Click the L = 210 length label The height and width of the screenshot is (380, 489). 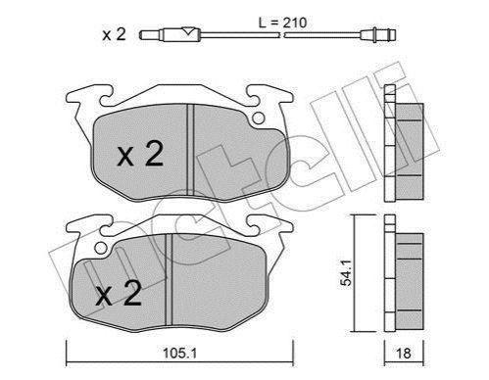(283, 23)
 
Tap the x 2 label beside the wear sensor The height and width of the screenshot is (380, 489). (114, 34)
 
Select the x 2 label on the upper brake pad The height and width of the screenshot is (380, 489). (140, 156)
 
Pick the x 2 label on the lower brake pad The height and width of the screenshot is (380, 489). (119, 294)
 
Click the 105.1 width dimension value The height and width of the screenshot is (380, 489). (179, 353)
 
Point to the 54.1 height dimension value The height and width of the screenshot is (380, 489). (346, 272)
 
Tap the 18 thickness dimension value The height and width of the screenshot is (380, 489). (404, 354)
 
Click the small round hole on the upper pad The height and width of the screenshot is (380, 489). (259, 118)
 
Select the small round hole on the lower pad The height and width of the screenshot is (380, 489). (101, 249)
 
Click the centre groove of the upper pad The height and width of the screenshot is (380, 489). (190, 150)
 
